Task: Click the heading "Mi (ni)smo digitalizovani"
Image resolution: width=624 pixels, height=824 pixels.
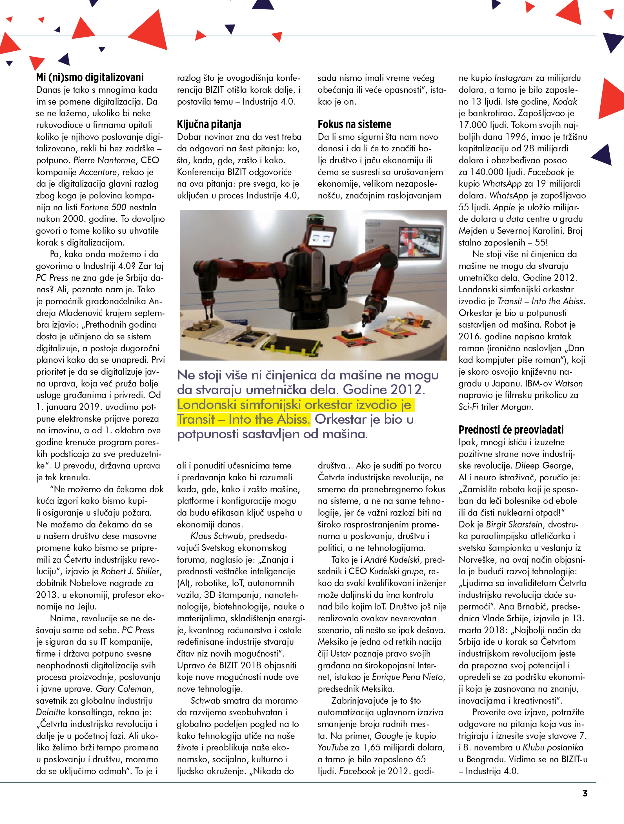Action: (x=90, y=78)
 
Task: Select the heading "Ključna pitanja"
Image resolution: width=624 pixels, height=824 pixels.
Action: (x=209, y=124)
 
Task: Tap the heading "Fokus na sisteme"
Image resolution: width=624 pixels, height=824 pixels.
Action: (x=354, y=124)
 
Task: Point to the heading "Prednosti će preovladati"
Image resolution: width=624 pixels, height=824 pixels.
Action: (x=511, y=430)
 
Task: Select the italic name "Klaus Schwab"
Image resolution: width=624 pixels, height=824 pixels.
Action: (x=217, y=536)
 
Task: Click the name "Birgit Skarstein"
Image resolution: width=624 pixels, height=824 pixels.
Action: (x=514, y=525)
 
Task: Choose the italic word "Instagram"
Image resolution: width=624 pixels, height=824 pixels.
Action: (x=513, y=78)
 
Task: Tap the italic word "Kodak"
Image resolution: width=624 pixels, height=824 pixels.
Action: (x=565, y=102)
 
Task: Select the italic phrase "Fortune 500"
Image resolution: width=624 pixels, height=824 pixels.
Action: (x=103, y=207)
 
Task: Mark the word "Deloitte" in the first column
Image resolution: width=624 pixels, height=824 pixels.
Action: (x=50, y=712)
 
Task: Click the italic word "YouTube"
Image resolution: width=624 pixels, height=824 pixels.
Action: (x=332, y=748)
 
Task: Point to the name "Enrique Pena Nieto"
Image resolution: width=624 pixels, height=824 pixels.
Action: (x=408, y=677)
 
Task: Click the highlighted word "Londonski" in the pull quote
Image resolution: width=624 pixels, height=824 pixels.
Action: (x=206, y=404)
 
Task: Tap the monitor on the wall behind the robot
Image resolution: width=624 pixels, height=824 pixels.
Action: (x=419, y=240)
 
